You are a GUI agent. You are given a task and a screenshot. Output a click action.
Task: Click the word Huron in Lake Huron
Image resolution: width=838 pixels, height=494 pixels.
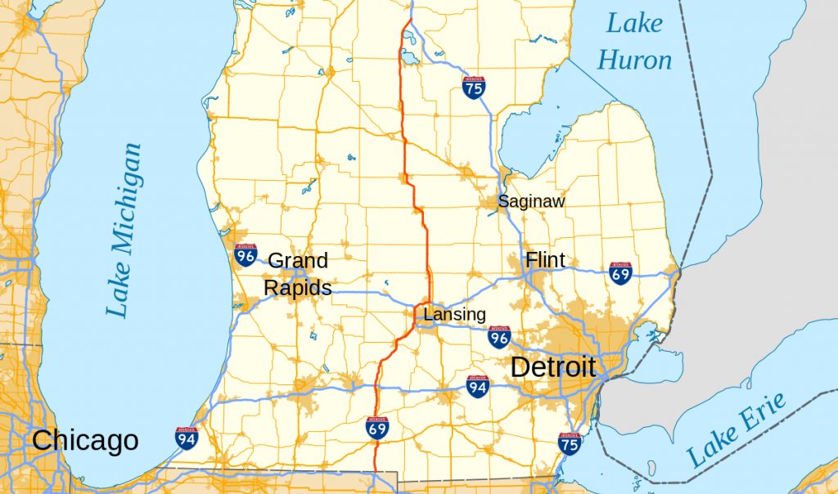click(634, 59)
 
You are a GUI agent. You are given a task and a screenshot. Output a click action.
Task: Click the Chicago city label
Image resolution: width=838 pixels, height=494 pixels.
click(85, 442)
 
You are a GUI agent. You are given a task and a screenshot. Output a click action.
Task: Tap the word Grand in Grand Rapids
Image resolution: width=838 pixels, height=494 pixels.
click(298, 261)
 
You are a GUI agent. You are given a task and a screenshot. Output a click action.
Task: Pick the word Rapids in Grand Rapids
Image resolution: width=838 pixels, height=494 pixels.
click(297, 288)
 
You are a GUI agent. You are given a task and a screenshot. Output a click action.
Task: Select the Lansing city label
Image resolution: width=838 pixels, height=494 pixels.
click(454, 314)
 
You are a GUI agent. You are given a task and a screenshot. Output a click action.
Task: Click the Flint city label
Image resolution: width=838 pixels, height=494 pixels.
click(545, 260)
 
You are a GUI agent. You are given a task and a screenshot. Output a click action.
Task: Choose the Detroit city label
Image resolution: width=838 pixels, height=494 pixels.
click(553, 366)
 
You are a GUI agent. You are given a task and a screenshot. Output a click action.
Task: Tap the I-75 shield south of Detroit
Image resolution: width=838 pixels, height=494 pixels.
click(570, 443)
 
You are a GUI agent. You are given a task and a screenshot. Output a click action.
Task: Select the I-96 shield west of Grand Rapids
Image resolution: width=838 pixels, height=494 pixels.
click(245, 255)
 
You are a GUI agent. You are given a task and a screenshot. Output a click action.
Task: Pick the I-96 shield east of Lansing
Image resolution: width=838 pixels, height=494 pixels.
click(499, 337)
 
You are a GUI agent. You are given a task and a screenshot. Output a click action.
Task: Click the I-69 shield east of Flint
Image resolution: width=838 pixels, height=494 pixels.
click(620, 273)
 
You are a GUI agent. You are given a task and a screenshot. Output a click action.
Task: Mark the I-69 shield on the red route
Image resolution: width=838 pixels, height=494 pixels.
click(377, 427)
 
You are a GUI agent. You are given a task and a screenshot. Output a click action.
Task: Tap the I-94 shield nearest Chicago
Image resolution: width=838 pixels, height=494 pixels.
click(186, 438)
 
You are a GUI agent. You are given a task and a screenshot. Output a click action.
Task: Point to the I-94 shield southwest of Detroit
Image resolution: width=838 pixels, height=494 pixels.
click(479, 386)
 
